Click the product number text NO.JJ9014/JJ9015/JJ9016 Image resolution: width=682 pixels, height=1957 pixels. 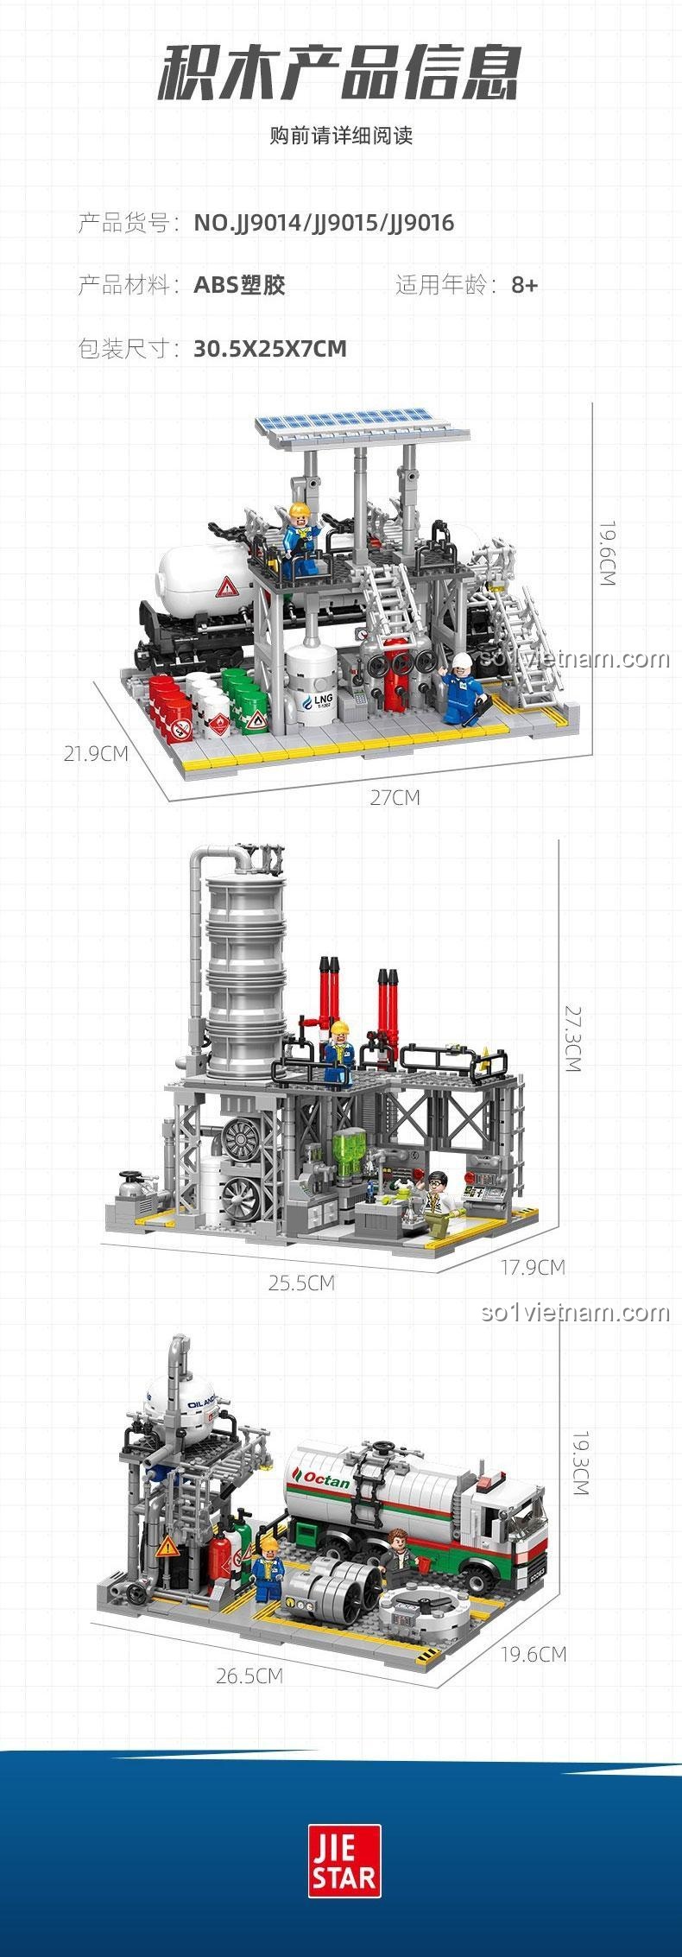coord(324,224)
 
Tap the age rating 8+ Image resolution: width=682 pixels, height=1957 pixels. coord(524,285)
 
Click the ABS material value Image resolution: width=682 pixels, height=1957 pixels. coord(239,285)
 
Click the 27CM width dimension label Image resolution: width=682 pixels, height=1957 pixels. coord(395,797)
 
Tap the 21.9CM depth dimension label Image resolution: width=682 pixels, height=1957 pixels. coord(96,753)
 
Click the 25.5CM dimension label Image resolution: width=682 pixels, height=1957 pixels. coord(300,1282)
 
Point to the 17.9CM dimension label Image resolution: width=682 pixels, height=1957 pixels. coord(533,1267)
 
